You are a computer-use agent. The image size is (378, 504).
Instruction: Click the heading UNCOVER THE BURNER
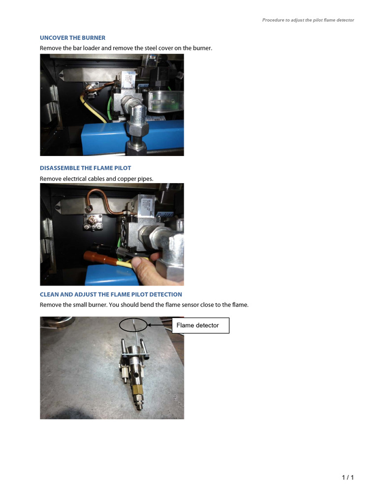[72, 38]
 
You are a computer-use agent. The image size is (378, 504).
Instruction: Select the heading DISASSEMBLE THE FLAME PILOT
[85, 168]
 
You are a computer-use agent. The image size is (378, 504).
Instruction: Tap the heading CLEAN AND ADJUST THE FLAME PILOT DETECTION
[111, 294]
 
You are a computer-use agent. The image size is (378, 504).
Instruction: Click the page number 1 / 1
[347, 477]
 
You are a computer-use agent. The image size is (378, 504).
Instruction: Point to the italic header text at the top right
[308, 20]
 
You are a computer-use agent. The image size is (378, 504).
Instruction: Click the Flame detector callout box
[200, 325]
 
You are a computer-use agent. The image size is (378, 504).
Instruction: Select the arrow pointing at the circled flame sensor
[159, 325]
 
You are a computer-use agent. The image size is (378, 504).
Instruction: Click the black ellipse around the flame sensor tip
[133, 324]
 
